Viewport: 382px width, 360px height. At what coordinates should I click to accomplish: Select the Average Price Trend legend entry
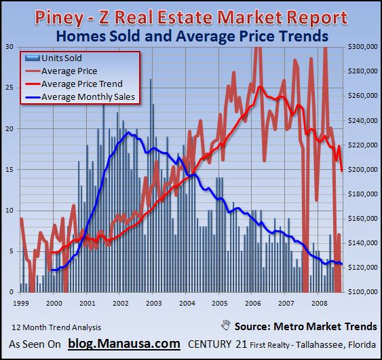82,84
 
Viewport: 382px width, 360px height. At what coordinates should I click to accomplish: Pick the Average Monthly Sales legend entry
88,97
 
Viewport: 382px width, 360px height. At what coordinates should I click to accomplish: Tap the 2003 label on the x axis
153,302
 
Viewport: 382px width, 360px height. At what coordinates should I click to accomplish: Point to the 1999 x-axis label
21,302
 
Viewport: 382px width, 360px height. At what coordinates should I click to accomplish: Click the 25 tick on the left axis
9,88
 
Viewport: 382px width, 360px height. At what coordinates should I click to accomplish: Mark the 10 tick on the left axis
9,211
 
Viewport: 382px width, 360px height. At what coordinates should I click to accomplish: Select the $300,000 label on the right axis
362,47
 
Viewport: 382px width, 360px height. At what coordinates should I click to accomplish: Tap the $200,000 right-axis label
362,169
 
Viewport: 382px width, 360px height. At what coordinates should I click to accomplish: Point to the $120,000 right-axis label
362,267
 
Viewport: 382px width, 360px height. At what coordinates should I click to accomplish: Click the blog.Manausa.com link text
124,344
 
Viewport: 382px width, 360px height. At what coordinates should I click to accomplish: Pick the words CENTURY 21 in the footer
214,344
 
